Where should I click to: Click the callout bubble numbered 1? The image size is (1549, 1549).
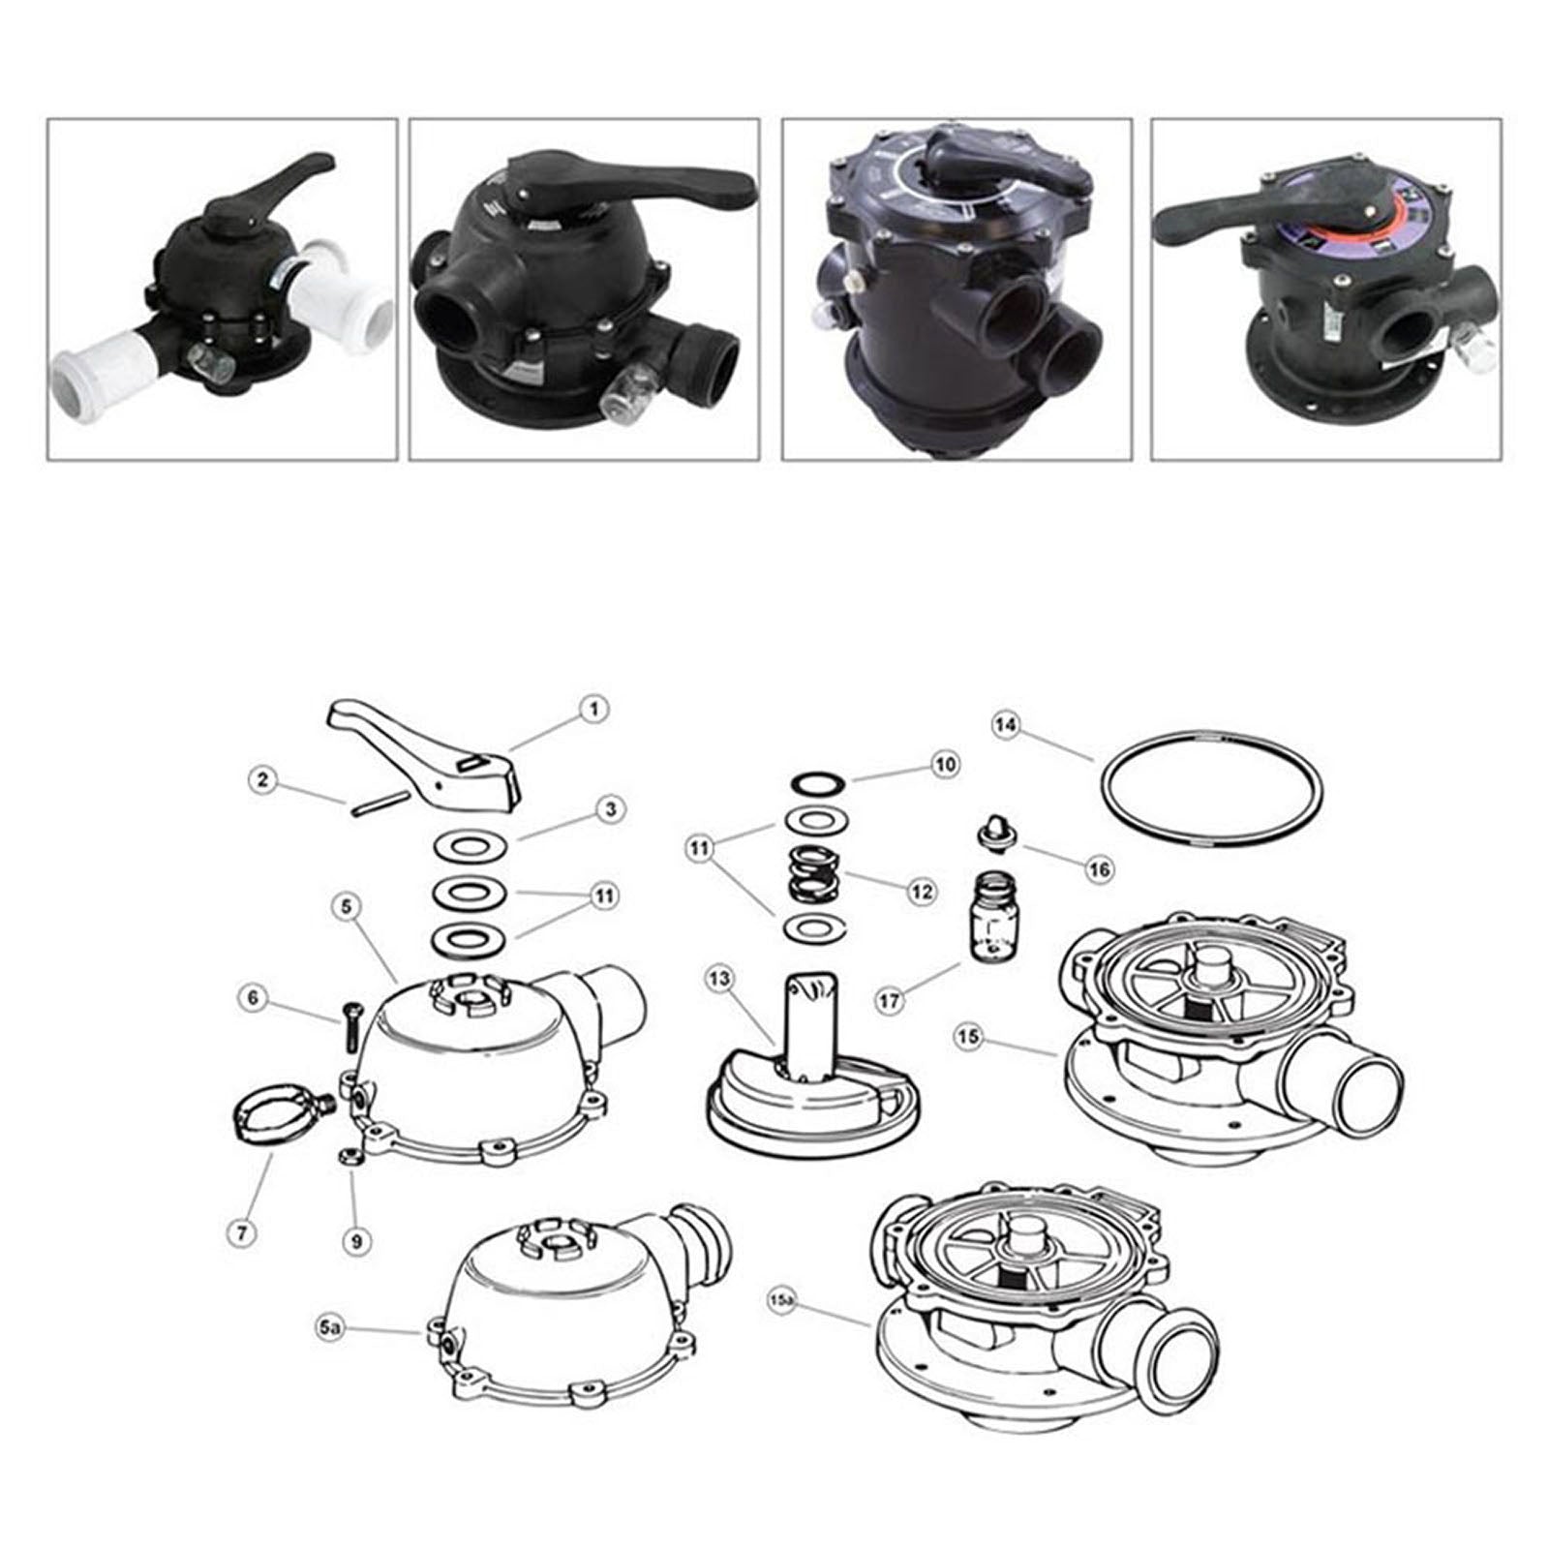(593, 709)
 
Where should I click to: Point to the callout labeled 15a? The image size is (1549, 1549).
(782, 1297)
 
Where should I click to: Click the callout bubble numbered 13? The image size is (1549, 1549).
(719, 980)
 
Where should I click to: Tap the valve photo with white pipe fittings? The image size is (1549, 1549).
(223, 289)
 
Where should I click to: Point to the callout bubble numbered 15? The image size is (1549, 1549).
(969, 1037)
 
